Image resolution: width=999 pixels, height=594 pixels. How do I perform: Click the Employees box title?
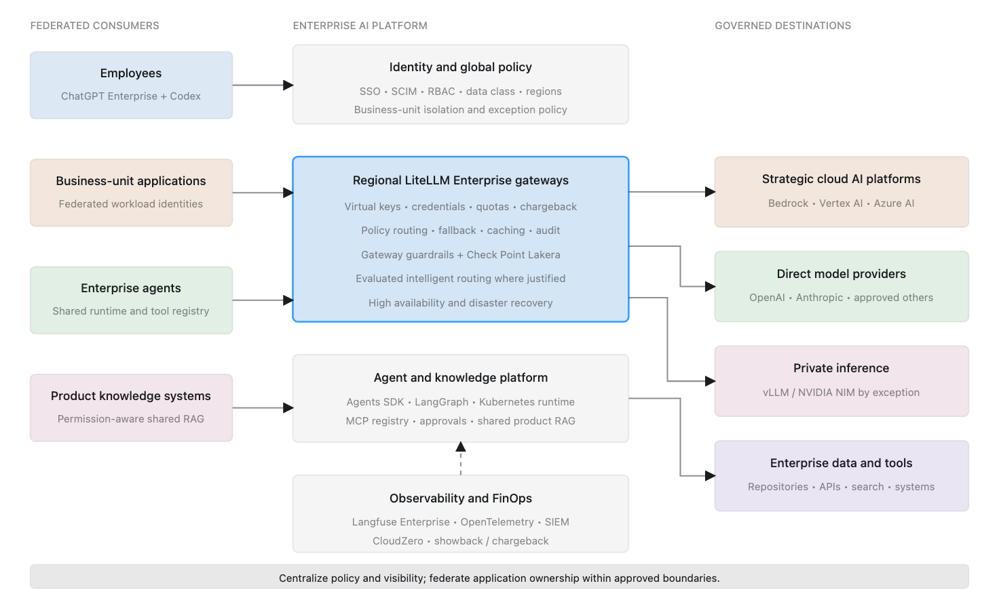pyautogui.click(x=131, y=73)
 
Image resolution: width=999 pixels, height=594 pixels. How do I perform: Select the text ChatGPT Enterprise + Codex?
pyautogui.click(x=131, y=96)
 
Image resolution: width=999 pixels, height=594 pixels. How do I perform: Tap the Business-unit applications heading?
pyautogui.click(x=131, y=181)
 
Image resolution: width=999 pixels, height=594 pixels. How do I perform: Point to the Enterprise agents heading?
pyautogui.click(x=131, y=288)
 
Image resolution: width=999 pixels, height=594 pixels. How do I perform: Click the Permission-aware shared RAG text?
pyautogui.click(x=131, y=419)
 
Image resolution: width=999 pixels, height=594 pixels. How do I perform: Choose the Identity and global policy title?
pyautogui.click(x=461, y=67)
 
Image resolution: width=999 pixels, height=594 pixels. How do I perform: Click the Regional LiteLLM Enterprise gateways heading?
pyautogui.click(x=461, y=180)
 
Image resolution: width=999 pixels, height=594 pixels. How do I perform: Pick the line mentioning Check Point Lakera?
pyautogui.click(x=461, y=255)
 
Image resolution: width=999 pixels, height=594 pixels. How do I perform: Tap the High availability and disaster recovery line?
pyautogui.click(x=461, y=303)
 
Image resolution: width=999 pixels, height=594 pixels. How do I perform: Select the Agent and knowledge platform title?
pyautogui.click(x=461, y=378)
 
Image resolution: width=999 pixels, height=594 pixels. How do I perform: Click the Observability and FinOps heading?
pyautogui.click(x=461, y=498)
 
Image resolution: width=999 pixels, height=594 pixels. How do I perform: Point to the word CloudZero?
pyautogui.click(x=398, y=541)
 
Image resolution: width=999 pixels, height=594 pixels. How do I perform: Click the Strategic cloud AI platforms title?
pyautogui.click(x=841, y=179)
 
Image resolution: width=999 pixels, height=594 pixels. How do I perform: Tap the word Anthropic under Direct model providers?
pyautogui.click(x=819, y=298)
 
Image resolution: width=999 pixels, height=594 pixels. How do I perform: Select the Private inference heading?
pyautogui.click(x=841, y=368)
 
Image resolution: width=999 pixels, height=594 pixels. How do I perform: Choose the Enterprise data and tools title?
pyautogui.click(x=841, y=463)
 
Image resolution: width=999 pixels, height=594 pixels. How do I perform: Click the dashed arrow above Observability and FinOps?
pyautogui.click(x=461, y=458)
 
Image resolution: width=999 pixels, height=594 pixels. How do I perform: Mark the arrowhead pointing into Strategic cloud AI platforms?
pyautogui.click(x=711, y=192)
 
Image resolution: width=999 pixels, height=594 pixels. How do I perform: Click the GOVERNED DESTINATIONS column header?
pyautogui.click(x=783, y=26)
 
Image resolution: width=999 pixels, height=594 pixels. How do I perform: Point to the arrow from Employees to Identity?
pyautogui.click(x=263, y=85)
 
